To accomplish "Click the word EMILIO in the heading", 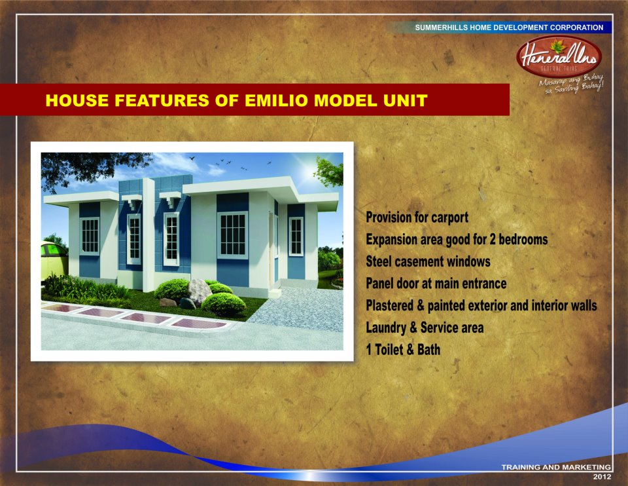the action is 276,100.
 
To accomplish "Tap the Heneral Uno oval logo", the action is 559,56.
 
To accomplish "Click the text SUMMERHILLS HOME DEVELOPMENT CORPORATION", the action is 509,28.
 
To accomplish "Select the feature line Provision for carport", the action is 417,217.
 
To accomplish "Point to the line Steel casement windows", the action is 428,261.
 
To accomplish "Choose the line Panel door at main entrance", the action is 436,284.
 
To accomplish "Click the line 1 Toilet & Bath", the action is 403,350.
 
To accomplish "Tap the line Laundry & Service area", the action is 425,327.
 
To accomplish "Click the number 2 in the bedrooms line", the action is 492,239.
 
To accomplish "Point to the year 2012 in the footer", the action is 602,477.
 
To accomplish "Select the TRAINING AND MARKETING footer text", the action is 556,467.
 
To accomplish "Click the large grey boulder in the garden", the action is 200,291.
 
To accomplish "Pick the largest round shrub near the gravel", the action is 224,303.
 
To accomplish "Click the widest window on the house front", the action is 233,234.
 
